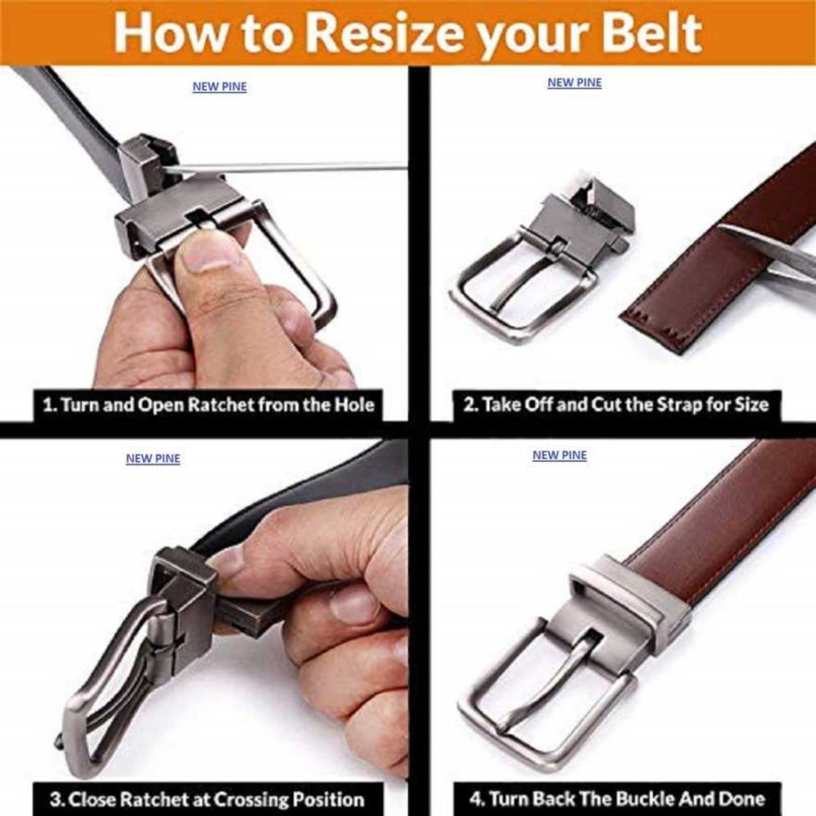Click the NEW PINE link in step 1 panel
tap(220, 87)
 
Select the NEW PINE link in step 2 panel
tap(574, 83)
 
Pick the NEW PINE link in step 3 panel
tap(153, 458)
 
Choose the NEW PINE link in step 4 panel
tap(560, 455)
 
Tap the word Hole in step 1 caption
tap(356, 405)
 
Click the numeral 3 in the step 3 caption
tap(55, 800)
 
